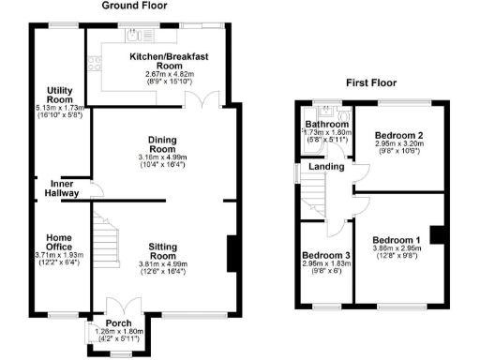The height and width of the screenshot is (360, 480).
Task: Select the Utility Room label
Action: coord(60,94)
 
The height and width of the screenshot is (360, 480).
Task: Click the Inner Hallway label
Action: coord(60,188)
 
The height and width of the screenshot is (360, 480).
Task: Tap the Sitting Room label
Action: coord(163,249)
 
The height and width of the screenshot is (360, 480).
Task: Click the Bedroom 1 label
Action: coord(397,239)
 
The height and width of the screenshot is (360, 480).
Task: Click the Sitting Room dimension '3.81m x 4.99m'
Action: coord(163,264)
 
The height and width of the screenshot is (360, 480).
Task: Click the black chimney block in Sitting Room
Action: coord(231,254)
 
